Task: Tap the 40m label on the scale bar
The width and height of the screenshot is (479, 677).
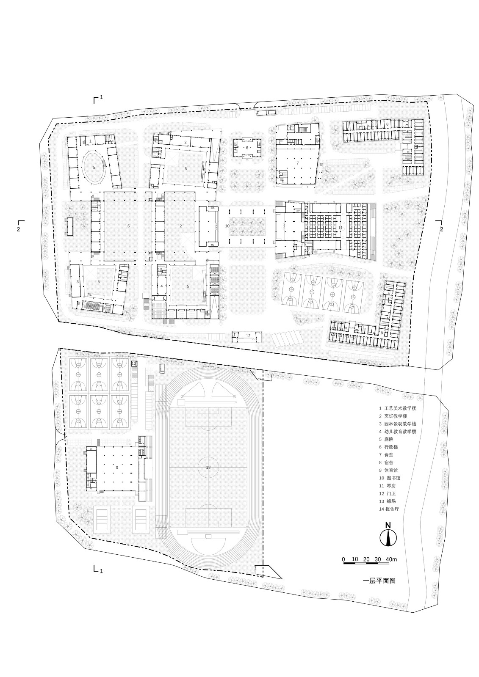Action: pyautogui.click(x=392, y=559)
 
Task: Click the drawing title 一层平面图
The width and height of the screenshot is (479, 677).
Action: pyautogui.click(x=379, y=581)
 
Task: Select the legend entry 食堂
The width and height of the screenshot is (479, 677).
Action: pyautogui.click(x=388, y=454)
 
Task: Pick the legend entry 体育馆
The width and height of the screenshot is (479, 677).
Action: pyautogui.click(x=390, y=470)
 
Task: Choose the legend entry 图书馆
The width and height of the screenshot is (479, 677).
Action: pyautogui.click(x=392, y=478)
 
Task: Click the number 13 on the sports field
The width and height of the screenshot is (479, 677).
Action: pyautogui.click(x=208, y=467)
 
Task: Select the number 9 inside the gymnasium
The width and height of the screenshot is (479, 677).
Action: pyautogui.click(x=116, y=467)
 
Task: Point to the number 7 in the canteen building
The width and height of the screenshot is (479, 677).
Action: pyautogui.click(x=297, y=162)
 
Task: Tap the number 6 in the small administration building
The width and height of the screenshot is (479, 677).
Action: pyautogui.click(x=247, y=148)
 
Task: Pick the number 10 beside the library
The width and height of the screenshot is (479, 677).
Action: pyautogui.click(x=227, y=226)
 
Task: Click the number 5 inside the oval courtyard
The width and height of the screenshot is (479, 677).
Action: pyautogui.click(x=94, y=168)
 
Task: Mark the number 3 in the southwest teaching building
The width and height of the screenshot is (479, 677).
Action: pyautogui.click(x=78, y=281)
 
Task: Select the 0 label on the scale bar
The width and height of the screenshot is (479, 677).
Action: pyautogui.click(x=343, y=559)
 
